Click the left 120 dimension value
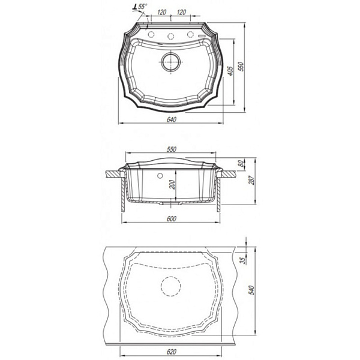pyautogui.click(x=162, y=12)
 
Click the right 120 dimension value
pyautogui.click(x=181, y=12)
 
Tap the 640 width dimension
pyautogui.click(x=172, y=119)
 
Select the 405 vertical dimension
pyautogui.click(x=230, y=71)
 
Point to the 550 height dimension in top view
pyautogui.click(x=241, y=67)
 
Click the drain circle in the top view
pyautogui.click(x=170, y=62)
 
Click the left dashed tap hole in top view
pyautogui.click(x=151, y=34)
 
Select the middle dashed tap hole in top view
pyautogui.click(x=170, y=36)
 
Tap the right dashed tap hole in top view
pyautogui.click(x=190, y=34)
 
